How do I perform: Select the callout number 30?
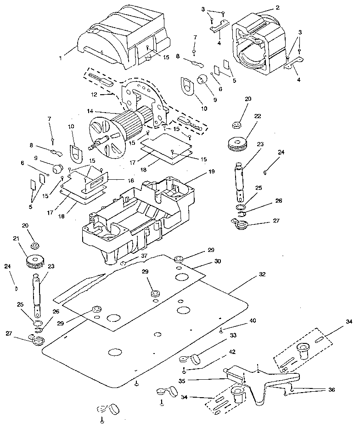tap(217, 261)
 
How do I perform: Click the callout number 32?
tap(262, 274)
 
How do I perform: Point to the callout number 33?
tap(233, 336)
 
